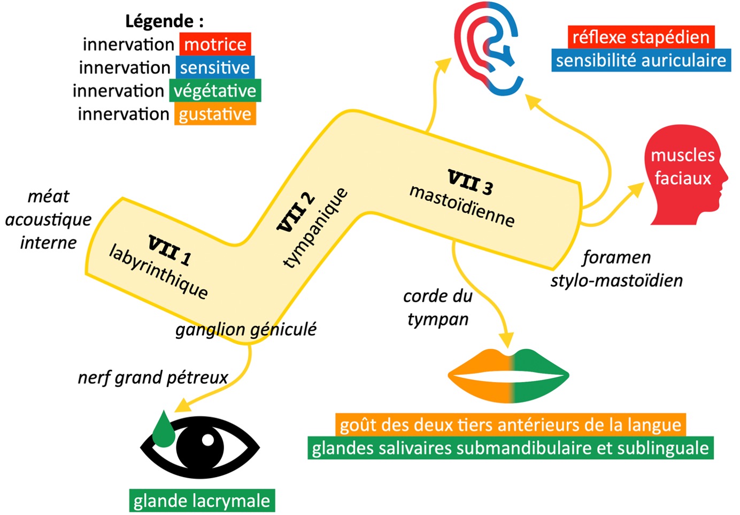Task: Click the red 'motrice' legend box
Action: click(215, 44)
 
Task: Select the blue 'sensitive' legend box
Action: click(214, 68)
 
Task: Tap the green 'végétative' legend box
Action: click(215, 91)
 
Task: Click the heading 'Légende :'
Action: click(164, 21)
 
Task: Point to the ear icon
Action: click(487, 51)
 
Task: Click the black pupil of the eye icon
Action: click(199, 446)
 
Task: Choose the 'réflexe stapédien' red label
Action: click(641, 37)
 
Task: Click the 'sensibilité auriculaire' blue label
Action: click(641, 60)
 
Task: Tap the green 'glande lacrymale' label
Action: click(202, 501)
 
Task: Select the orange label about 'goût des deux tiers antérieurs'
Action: click(510, 425)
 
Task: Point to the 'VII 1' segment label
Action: click(169, 250)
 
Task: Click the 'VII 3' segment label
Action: click(470, 182)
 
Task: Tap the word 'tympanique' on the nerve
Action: click(315, 228)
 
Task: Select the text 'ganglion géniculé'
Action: click(246, 329)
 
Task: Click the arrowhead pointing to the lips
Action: click(506, 340)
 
